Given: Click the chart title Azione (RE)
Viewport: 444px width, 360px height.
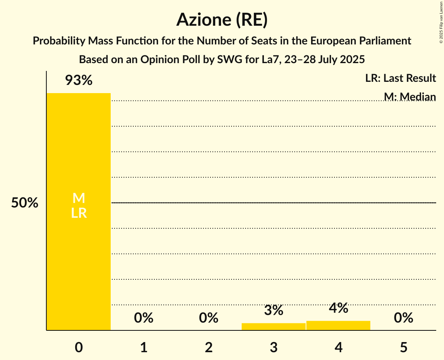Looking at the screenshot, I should click(222, 19).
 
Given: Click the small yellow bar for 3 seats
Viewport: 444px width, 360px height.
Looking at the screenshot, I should click(274, 326).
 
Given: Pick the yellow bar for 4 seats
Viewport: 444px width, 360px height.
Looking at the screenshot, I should click(338, 325).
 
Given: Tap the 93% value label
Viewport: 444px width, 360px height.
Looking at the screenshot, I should click(79, 81).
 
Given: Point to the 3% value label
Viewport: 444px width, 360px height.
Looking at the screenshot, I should click(274, 311).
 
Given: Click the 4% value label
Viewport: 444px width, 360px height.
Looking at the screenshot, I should click(338, 308).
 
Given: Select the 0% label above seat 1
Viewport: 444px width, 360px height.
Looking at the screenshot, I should click(144, 318).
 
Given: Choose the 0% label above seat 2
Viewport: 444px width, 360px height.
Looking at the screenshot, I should click(209, 318).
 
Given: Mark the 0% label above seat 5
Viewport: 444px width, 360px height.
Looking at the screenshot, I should click(403, 318).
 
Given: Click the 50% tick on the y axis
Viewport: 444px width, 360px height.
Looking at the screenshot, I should click(25, 203).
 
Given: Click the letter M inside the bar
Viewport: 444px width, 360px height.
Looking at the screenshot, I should click(79, 198).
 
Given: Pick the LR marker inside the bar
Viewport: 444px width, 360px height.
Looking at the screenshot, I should click(79, 213).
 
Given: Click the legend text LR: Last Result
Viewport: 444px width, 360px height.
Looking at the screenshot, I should click(401, 78).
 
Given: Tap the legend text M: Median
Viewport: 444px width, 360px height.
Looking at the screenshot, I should click(410, 97).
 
